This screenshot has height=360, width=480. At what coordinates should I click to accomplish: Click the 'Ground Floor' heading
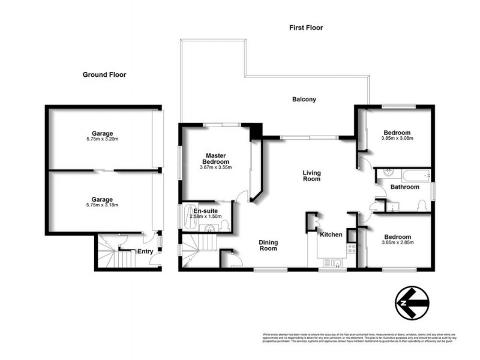(x=104, y=75)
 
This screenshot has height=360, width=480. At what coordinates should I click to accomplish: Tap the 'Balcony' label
(x=304, y=100)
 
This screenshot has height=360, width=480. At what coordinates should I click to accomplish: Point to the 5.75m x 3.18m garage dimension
(x=103, y=205)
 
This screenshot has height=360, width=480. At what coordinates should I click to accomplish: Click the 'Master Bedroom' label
(x=215, y=158)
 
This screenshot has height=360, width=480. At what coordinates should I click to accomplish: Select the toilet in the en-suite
(x=224, y=225)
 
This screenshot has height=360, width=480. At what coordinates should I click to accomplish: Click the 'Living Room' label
(x=311, y=176)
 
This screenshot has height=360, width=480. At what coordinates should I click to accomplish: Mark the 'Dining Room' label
(x=268, y=245)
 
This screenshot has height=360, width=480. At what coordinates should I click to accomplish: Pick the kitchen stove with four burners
(x=350, y=248)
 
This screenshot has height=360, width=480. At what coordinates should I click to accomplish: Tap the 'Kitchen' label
(x=330, y=234)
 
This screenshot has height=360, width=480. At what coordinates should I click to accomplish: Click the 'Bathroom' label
(x=404, y=187)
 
